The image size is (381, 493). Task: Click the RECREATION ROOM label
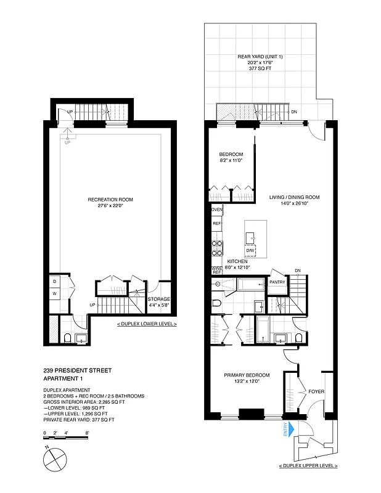point(111,199)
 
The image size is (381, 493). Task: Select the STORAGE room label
point(160,299)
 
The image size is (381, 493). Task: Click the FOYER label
point(317,392)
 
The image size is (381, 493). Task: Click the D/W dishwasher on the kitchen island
point(251,251)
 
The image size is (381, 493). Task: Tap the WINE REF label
point(216,270)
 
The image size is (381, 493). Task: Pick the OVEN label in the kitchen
point(216,210)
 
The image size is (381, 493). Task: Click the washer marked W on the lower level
point(54,293)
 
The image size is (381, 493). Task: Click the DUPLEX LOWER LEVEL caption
point(147,324)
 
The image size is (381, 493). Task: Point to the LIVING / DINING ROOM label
point(293,198)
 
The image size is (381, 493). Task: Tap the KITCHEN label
point(237,261)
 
